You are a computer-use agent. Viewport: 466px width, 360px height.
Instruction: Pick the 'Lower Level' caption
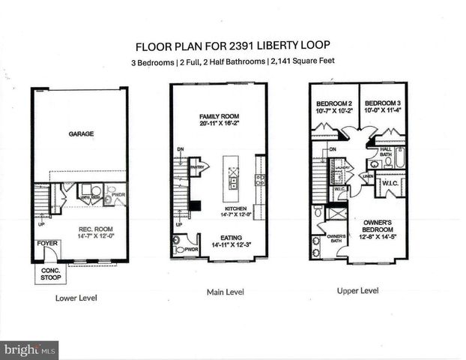point(76,298)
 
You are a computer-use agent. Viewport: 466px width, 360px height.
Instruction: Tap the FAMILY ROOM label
point(218,118)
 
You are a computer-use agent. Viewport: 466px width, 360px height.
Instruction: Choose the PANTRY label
point(198,167)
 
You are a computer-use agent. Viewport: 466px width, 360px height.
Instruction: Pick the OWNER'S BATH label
point(336,239)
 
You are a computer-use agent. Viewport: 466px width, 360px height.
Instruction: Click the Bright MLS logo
point(30,349)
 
